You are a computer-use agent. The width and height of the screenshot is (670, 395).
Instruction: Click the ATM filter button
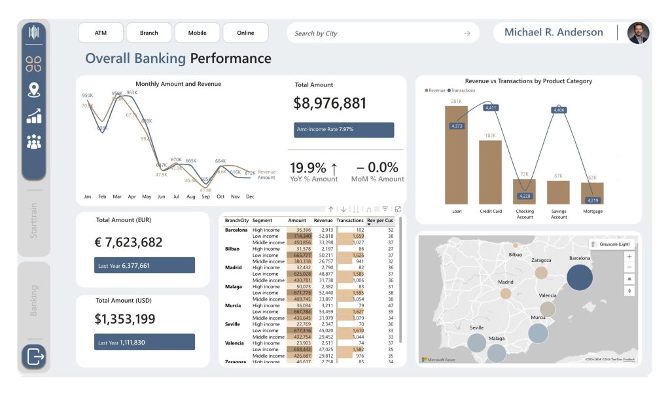tap(101, 33)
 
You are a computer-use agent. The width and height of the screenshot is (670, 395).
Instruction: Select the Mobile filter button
tap(197, 33)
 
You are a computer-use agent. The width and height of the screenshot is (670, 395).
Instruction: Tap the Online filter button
tap(245, 33)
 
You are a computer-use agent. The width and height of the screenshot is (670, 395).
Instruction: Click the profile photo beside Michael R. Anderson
tap(638, 33)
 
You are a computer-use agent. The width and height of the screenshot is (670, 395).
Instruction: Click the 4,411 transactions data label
tap(491, 107)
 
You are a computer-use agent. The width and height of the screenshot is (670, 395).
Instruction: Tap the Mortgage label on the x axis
tap(593, 212)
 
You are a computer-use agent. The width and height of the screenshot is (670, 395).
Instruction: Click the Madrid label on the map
tap(506, 282)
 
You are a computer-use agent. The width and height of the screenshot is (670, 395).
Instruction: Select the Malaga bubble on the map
tap(497, 354)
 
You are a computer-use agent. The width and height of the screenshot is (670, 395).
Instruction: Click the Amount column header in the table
tap(297, 221)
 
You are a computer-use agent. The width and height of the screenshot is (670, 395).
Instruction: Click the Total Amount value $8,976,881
tap(330, 103)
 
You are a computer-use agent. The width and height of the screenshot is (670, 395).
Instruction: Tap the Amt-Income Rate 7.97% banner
tap(344, 130)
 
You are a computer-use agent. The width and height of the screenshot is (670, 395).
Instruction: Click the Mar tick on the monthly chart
tap(117, 197)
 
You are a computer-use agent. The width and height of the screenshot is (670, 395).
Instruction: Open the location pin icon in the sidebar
tap(34, 90)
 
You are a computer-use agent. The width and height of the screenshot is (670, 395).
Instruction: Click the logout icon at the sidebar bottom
tap(34, 357)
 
